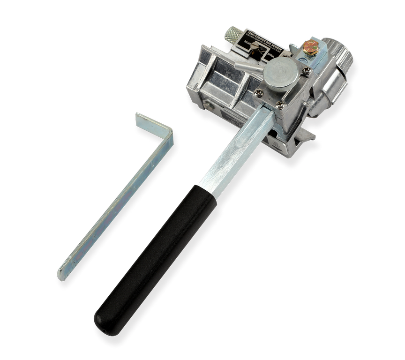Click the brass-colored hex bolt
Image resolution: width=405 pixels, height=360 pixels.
(310, 47)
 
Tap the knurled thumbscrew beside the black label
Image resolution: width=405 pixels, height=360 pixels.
(233, 35)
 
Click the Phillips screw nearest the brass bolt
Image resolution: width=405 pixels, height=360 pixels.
(307, 71)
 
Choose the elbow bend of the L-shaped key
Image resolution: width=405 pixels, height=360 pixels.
(167, 134)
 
